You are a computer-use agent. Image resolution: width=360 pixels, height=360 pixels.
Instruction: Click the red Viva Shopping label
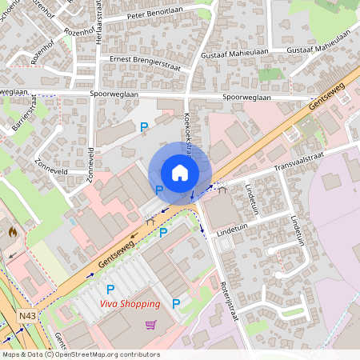pyautogui.click(x=130, y=303)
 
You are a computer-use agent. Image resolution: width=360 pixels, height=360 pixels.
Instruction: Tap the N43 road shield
pyautogui.click(x=26, y=318)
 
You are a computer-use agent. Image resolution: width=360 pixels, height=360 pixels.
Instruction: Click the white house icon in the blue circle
pyautogui.click(x=179, y=172)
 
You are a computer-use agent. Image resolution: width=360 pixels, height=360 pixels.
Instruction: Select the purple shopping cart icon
pyautogui.click(x=150, y=324)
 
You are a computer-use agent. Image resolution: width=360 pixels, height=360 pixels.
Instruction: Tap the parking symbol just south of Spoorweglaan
pyautogui.click(x=144, y=126)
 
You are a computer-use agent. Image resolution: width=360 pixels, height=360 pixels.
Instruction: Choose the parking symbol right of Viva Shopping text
pyautogui.click(x=175, y=303)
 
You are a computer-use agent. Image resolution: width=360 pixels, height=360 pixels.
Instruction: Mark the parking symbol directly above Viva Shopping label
pyautogui.click(x=111, y=288)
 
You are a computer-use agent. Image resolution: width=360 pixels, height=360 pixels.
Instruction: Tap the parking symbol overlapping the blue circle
pyautogui.click(x=159, y=190)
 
